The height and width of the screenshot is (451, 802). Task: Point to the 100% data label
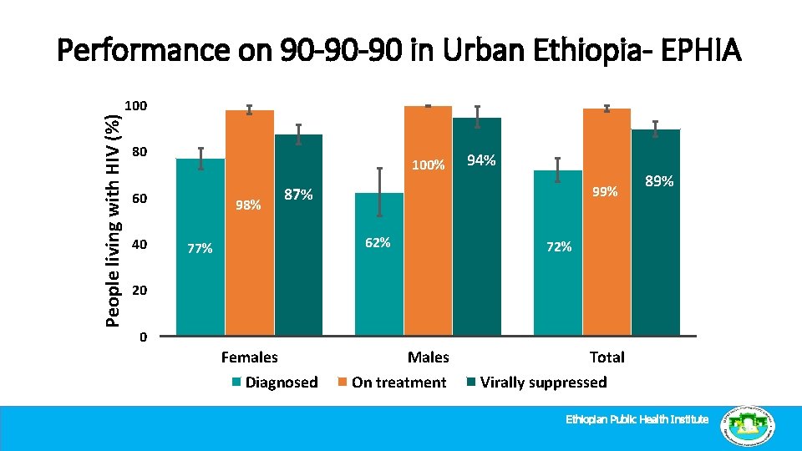429,165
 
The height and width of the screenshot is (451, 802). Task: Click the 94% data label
481,160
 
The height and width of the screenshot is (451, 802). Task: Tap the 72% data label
558,247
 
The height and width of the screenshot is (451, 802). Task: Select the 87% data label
298,195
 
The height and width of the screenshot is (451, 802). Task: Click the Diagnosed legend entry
275,383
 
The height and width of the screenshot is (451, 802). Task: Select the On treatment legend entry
392,383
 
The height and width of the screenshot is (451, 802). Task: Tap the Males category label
428,357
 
